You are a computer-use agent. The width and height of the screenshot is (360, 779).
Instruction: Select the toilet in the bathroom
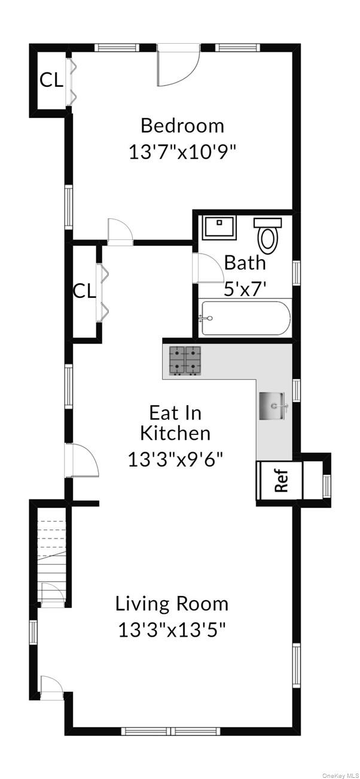268,235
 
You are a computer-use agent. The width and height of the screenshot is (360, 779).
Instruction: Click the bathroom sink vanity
221,227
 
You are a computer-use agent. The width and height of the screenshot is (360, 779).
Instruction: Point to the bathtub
245,318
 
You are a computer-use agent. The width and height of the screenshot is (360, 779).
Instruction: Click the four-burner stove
184,361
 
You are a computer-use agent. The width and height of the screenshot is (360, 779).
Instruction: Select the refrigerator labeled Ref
279,480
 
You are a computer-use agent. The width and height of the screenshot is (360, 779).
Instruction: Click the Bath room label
245,263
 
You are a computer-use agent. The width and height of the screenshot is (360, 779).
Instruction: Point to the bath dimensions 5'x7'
245,290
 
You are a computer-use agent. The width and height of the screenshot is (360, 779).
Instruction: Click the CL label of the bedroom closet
51,80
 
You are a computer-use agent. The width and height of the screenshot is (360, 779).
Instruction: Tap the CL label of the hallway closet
84,291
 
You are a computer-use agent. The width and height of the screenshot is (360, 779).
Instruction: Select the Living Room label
172,604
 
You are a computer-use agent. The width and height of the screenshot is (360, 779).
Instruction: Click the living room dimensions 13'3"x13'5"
172,630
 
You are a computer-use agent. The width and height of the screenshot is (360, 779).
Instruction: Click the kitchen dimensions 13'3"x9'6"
175,459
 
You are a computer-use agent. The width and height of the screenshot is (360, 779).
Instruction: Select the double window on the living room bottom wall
171,731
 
